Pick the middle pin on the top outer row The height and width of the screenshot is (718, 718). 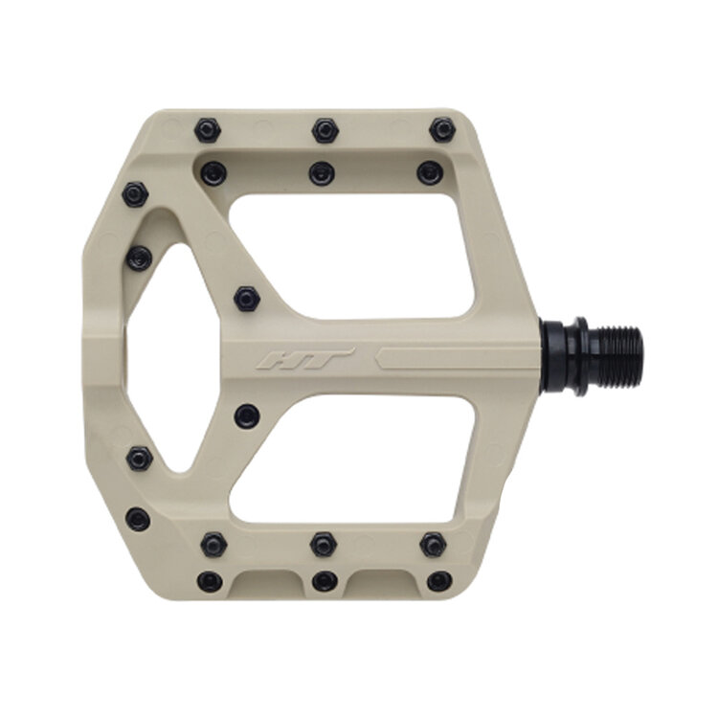325,129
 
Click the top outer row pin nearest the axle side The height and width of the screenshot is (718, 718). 441,129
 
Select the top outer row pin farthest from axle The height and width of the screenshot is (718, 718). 207,129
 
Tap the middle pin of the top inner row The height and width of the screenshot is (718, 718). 322,173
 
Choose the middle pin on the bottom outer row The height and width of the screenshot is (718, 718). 325,580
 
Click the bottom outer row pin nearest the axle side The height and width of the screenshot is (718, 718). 438,580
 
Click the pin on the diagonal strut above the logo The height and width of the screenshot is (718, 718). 247,298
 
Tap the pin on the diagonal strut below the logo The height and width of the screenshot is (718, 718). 247,415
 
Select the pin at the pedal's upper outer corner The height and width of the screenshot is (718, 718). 135,195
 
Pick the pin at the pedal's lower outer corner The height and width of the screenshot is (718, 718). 138,519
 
